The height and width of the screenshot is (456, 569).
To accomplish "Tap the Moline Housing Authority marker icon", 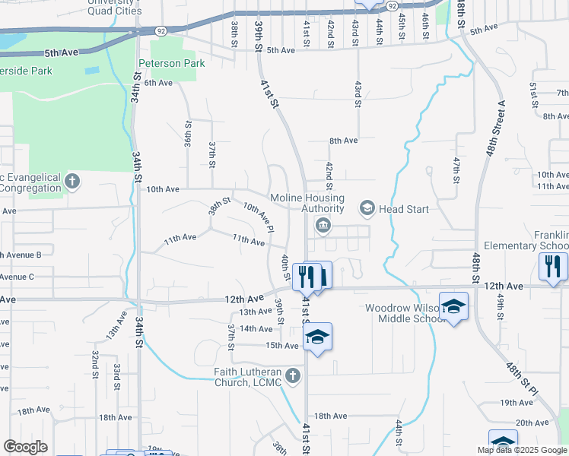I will [x=323, y=224].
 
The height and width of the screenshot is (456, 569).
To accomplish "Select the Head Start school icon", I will [x=367, y=208].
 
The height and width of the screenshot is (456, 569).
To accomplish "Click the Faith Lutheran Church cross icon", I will [x=293, y=375].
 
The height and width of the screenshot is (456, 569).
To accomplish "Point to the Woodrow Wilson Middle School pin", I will [x=453, y=306].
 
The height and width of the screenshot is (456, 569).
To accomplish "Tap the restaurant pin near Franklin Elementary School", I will [x=552, y=266].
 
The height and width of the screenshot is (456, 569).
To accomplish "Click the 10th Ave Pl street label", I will [x=258, y=217].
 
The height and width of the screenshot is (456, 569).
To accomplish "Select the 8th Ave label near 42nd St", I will [x=343, y=141].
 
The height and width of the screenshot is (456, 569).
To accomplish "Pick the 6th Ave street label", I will [x=158, y=83].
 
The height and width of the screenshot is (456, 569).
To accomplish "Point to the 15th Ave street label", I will [x=281, y=346].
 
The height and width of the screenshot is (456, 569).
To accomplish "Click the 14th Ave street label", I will [x=256, y=328].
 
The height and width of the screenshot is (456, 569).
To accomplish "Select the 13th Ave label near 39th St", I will [x=256, y=312].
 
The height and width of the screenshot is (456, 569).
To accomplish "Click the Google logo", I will [x=25, y=446].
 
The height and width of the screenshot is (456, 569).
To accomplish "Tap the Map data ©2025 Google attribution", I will [x=522, y=450].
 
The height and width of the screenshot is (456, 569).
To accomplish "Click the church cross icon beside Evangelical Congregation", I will [x=72, y=182].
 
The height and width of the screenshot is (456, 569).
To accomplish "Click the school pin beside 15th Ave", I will [x=318, y=337].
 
